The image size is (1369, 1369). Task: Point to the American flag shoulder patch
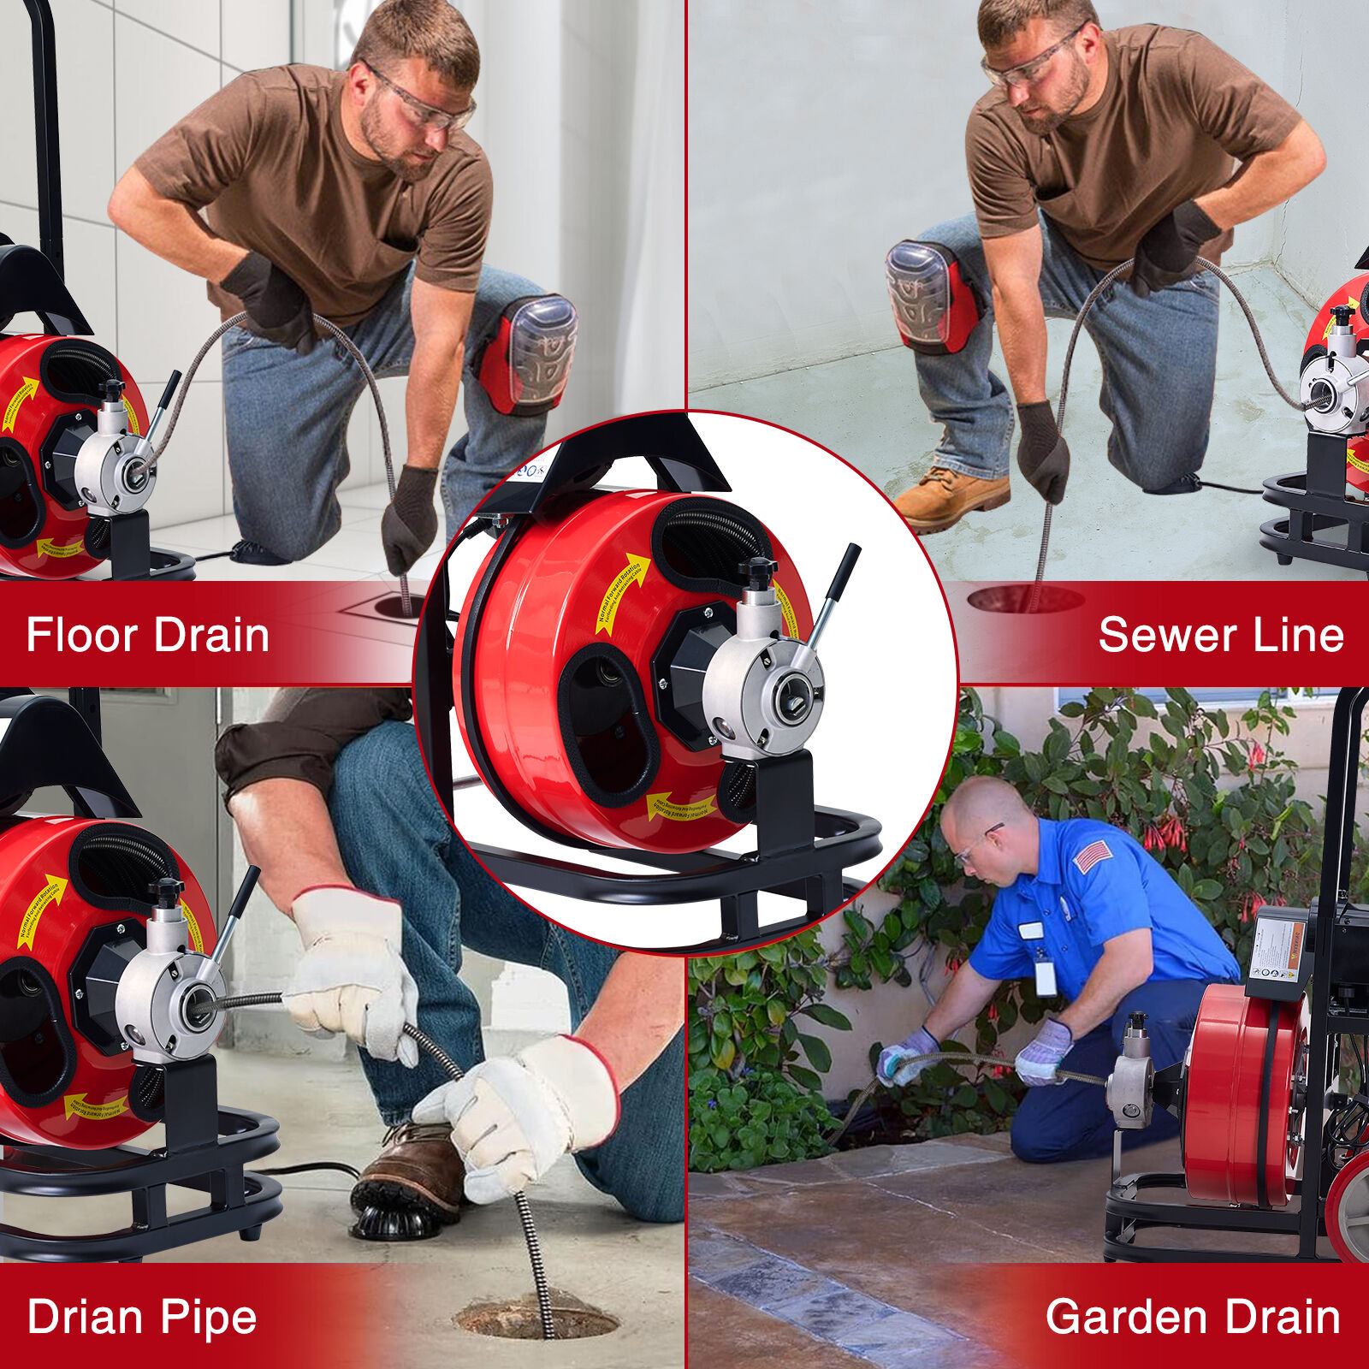tap(1091, 856)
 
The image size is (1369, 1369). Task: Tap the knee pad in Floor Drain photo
tap(530, 353)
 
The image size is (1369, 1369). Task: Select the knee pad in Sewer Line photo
tap(929, 296)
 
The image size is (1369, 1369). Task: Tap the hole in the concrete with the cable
tap(536, 1318)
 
